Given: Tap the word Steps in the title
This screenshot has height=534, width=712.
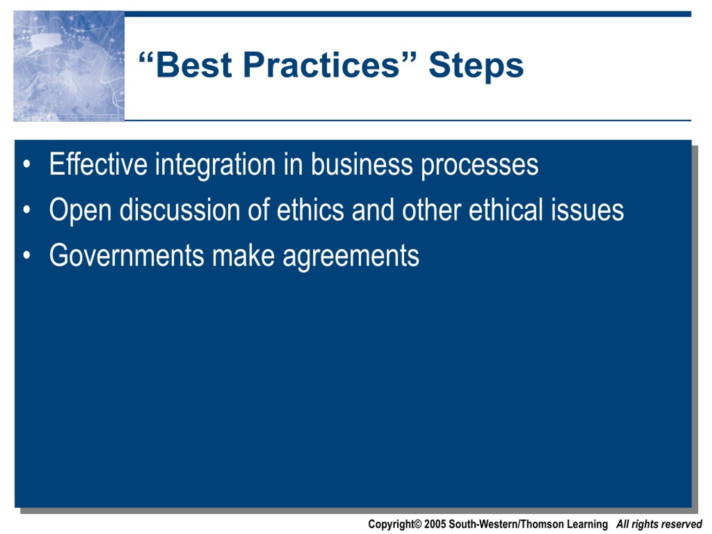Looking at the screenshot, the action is point(476,67).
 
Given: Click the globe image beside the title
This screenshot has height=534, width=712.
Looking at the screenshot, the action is point(69,66).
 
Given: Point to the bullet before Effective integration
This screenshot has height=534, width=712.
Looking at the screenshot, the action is point(27,164).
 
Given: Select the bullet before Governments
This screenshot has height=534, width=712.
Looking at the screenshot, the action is point(27,255).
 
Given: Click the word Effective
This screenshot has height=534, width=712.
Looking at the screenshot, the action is point(98,164).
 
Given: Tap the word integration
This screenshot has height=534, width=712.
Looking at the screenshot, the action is point(215,166).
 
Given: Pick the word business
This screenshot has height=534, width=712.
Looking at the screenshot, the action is point(362,164).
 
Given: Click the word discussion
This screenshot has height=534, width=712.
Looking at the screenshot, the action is point(180,209).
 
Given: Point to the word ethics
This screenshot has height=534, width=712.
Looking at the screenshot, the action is point(310,209).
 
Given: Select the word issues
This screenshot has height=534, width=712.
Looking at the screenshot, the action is point(587,209).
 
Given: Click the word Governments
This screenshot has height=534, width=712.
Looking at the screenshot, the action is point(127,255).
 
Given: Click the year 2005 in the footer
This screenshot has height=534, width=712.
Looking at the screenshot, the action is point(435,524).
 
